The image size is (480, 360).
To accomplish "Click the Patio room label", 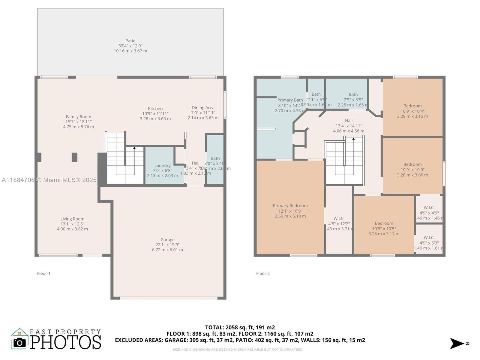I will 130,41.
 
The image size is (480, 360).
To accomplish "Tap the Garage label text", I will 167,240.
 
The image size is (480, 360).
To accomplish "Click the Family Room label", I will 78,117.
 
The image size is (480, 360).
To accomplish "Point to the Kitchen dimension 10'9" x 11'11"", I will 155,114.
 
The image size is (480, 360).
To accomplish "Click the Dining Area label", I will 203,108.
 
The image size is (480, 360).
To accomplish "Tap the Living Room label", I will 72,219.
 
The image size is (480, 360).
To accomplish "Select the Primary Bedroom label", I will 290,206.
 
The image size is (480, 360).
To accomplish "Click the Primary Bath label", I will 290,100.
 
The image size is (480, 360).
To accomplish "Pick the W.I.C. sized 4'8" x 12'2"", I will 339,223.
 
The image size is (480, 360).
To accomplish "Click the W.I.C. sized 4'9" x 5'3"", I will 429,243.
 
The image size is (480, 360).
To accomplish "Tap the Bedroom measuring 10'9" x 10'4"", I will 412,111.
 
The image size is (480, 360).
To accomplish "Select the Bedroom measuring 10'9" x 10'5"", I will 384,228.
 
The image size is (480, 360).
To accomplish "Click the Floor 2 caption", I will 263,273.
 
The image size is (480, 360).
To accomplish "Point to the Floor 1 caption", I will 44,273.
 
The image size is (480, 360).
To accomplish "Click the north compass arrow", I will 457,343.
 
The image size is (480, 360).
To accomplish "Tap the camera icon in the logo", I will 20,343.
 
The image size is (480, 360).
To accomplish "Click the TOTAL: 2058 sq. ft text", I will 240,327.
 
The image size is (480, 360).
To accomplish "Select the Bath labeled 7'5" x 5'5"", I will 353,100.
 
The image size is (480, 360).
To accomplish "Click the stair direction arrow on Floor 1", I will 134,148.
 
